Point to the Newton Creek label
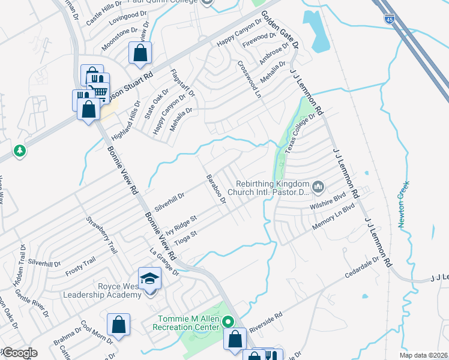[x=404, y=204]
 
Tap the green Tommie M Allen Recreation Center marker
[x=228, y=321]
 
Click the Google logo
[x=19, y=353]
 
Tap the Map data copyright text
[x=423, y=355]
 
